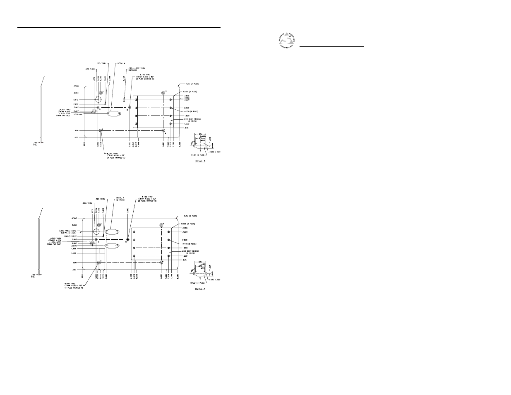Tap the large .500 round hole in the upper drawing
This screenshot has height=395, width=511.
(98, 99)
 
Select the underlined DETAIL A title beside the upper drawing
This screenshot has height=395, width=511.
(200, 161)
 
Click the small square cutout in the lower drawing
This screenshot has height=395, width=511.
(101, 250)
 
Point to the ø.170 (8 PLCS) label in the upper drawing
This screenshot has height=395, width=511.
(182, 111)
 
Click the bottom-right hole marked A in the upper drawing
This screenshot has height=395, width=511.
(164, 131)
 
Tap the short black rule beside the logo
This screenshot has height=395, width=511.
(331, 47)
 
